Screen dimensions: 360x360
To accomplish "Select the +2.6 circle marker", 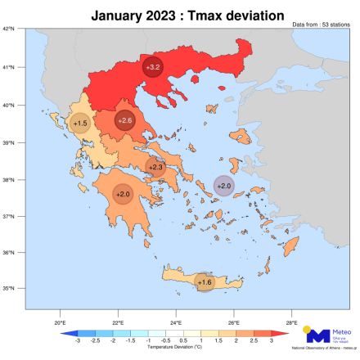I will pyautogui.click(x=124, y=121).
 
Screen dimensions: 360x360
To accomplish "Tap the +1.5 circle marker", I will pyautogui.click(x=80, y=124).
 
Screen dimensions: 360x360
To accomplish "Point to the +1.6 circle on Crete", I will pyautogui.click(x=205, y=282).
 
